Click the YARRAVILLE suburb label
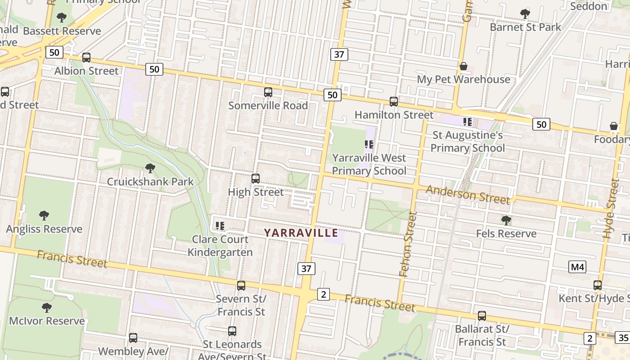point(301,233)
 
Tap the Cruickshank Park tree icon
point(150,168)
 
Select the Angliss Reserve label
point(44,229)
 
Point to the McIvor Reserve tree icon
point(46,308)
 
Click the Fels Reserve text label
point(506,234)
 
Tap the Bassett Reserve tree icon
point(62,18)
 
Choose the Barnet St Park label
point(525,27)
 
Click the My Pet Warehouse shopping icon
point(463,67)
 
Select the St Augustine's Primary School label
point(468,141)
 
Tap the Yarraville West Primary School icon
point(369,144)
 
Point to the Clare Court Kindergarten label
point(220,246)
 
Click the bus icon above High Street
point(256,179)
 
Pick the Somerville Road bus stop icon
point(268,92)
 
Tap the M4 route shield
point(577,267)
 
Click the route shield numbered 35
point(623,338)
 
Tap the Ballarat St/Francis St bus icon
point(482,316)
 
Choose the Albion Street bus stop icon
point(86,58)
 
